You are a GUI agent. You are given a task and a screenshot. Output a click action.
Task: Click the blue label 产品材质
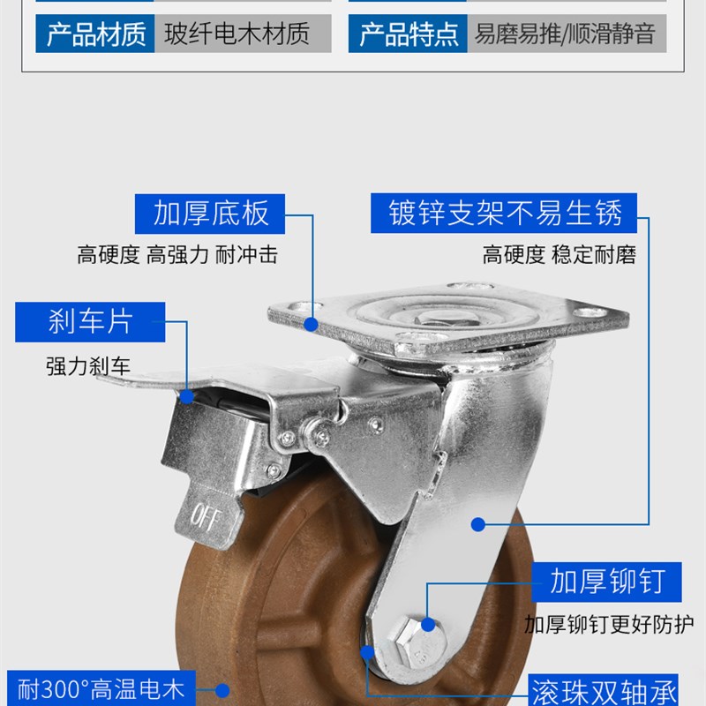tap(95, 35)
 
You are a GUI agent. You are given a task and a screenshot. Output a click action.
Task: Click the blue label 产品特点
tap(409, 35)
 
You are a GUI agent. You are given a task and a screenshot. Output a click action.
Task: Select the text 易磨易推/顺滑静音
tap(565, 35)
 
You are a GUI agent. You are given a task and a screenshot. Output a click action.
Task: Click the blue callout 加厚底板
tap(211, 214)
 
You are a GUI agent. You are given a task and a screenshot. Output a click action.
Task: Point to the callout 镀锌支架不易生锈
tap(506, 214)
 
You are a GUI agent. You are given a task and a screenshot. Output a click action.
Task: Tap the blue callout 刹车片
tap(90, 322)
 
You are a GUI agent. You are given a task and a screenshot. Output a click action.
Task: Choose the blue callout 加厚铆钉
tap(605, 582)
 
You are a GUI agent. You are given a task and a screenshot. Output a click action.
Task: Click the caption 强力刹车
tap(88, 365)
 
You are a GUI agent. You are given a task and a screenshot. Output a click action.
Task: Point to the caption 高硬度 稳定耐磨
tap(559, 256)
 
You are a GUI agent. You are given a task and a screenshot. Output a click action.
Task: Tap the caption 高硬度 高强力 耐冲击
tap(177, 256)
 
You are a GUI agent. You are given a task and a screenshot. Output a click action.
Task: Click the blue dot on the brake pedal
tap(188, 397)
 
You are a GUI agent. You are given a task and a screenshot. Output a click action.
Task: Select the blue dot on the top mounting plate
tap(311, 324)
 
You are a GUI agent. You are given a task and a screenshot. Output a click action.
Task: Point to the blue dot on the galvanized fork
tap(477, 524)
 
